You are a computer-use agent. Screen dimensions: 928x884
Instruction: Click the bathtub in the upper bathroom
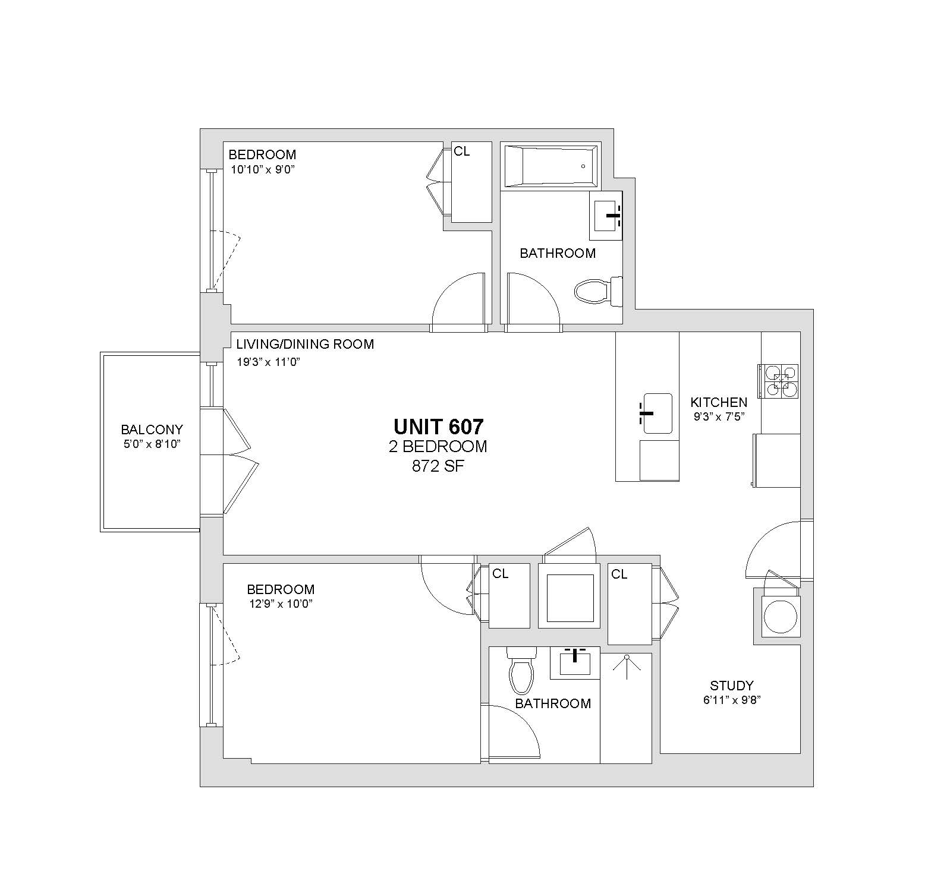[x=550, y=166]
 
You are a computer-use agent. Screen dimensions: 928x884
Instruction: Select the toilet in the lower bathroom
[x=521, y=670]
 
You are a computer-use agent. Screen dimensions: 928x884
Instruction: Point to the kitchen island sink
[x=657, y=413]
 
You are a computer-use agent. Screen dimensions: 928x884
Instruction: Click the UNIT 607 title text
[x=439, y=427]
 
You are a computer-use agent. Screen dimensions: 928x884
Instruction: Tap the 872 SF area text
[x=438, y=466]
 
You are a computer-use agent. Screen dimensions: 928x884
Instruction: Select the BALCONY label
[x=152, y=430]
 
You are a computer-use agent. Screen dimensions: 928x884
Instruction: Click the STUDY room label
[x=732, y=686]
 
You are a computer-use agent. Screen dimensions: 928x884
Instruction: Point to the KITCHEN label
[x=719, y=402]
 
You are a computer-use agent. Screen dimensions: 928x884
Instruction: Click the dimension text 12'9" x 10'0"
[x=281, y=604]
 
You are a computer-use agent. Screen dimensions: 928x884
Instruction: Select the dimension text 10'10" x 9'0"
[x=263, y=169]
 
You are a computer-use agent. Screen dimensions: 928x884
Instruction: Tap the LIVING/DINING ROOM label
[x=305, y=344]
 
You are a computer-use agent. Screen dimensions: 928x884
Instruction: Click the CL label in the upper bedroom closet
[x=462, y=151]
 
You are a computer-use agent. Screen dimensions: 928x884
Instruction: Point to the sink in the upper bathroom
[x=606, y=216]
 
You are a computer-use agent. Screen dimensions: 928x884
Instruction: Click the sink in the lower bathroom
[x=575, y=663]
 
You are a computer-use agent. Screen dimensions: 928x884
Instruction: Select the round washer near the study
[x=781, y=617]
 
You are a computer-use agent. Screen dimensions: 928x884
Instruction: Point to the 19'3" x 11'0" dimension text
[x=269, y=362]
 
